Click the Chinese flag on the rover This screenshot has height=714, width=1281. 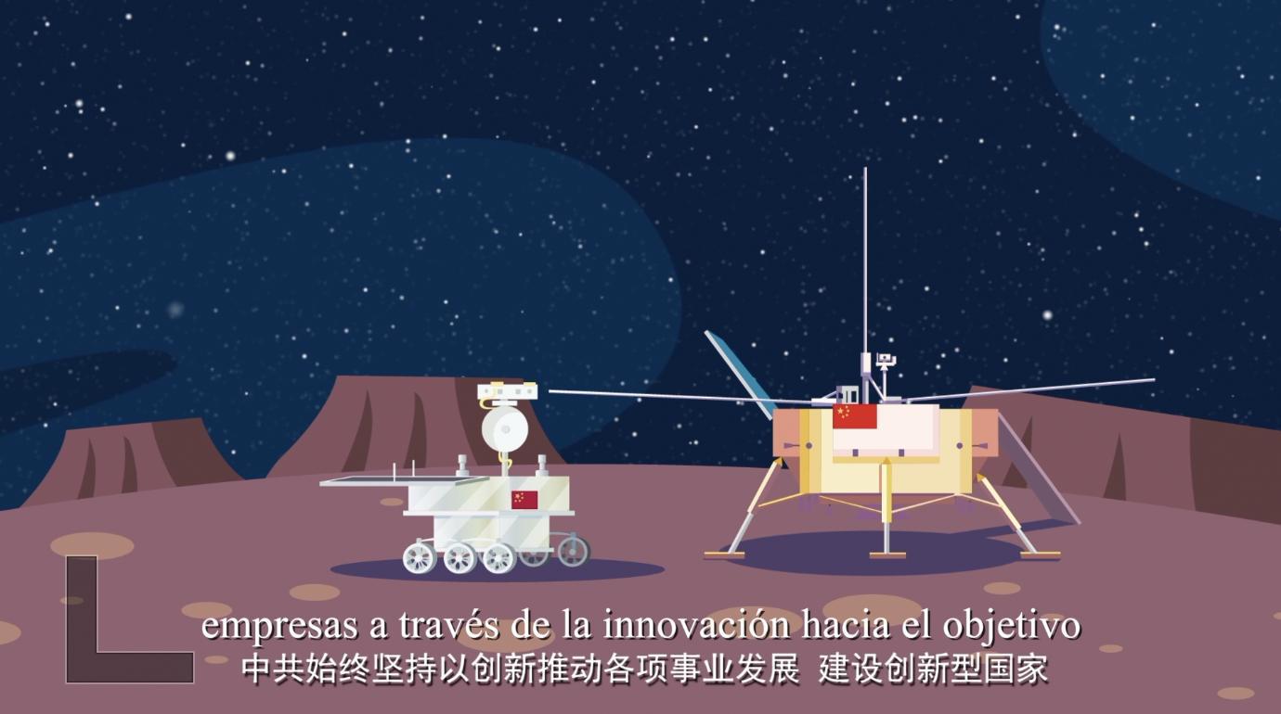(x=524, y=500)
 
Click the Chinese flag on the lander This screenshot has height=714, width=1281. (x=854, y=416)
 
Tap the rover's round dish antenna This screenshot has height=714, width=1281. (x=504, y=429)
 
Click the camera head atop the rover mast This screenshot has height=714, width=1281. (x=507, y=391)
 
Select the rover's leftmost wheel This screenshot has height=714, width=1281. (x=420, y=557)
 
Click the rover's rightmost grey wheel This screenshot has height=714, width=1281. (x=573, y=551)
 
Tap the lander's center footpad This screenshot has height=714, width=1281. (x=887, y=555)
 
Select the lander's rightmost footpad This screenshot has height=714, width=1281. (x=1041, y=555)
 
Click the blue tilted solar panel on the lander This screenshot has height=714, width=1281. (x=740, y=374)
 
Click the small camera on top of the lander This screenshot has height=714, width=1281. (x=886, y=360)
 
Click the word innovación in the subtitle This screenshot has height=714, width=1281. (x=696, y=627)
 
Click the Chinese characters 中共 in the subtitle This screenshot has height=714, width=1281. (x=273, y=669)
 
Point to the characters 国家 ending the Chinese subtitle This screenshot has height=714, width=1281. (x=1016, y=669)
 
